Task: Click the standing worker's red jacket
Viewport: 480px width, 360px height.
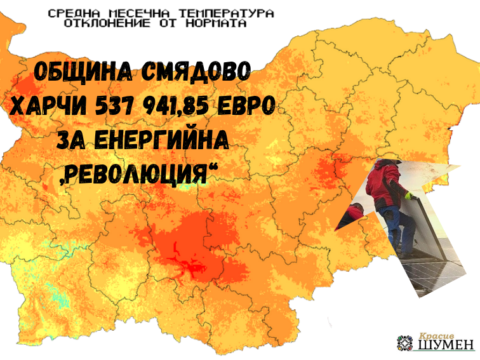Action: click(382, 181)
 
